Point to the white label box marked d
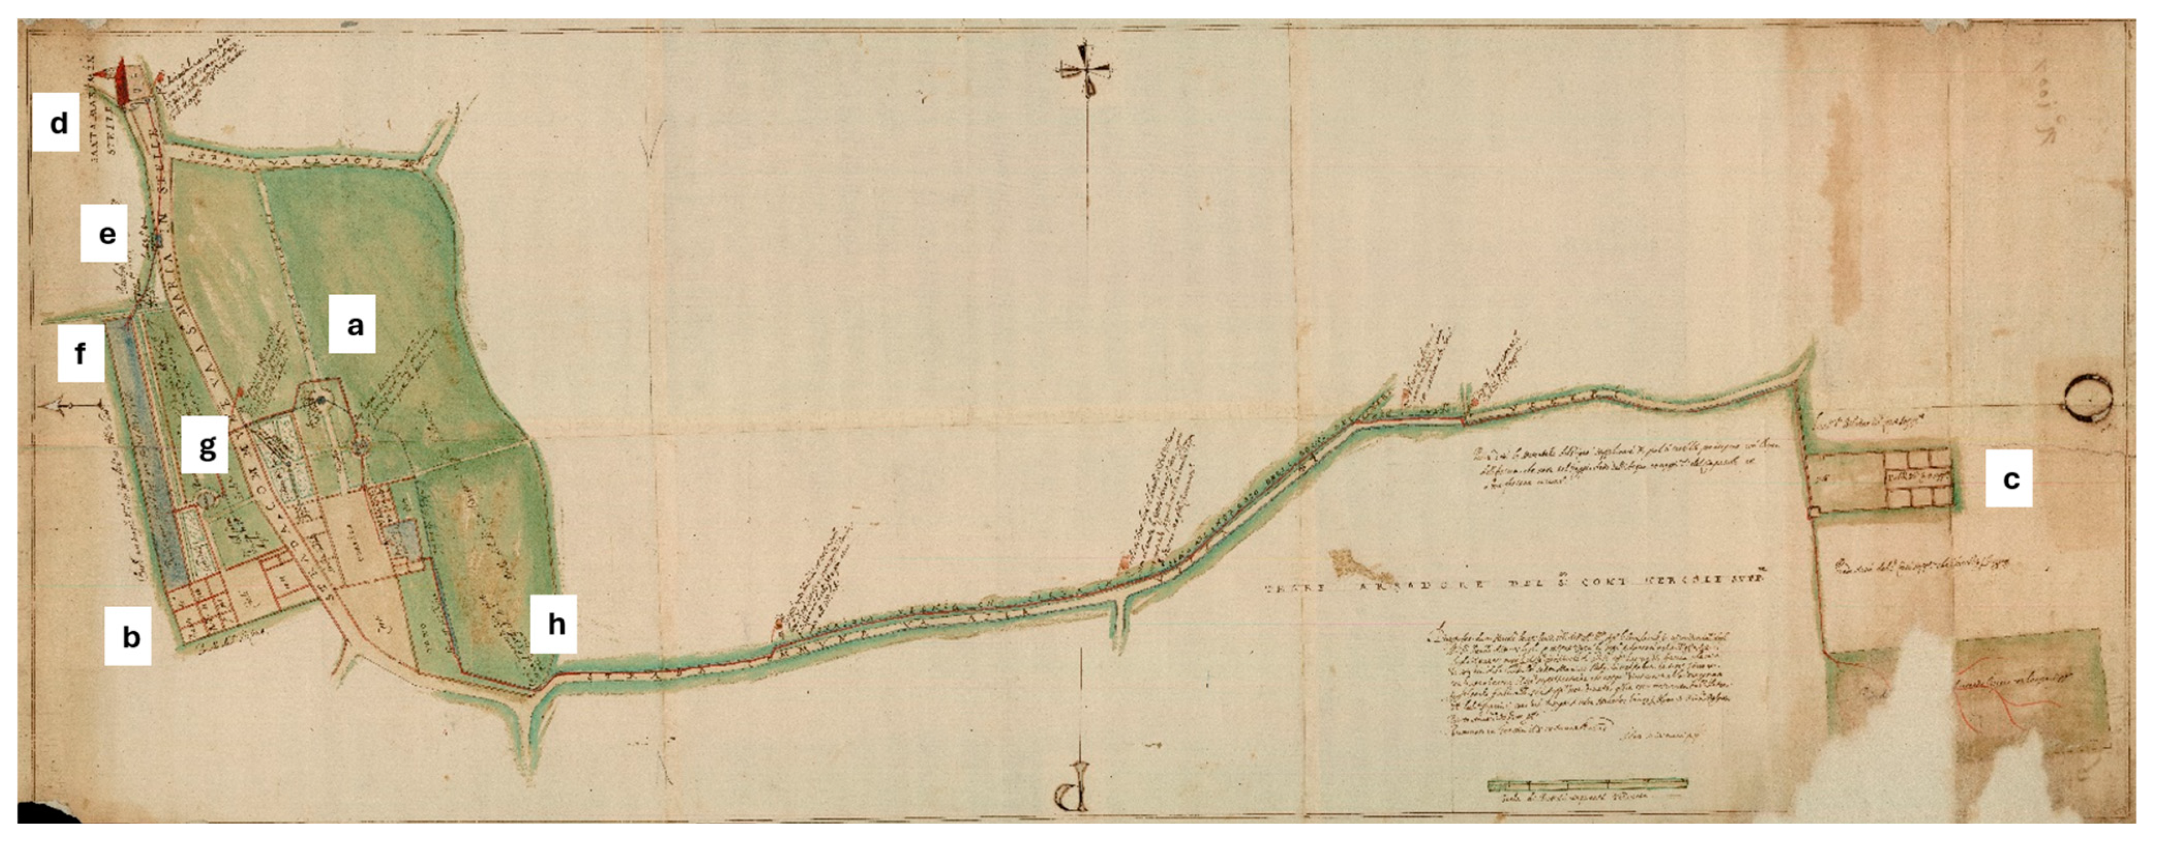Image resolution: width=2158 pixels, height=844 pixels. pos(57,122)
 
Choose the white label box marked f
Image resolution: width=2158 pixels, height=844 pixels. pos(80,353)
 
